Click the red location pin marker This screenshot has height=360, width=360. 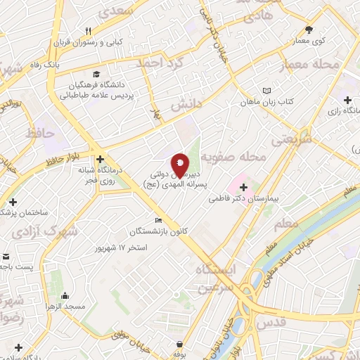tap(180, 165)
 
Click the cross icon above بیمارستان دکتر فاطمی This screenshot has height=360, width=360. tap(244, 188)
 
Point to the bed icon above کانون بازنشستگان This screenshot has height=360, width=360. tap(157, 220)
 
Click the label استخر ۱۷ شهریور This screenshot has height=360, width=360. tap(124, 248)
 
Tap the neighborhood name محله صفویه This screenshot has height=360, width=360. tap(233, 156)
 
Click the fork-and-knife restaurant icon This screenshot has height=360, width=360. tap(88, 31)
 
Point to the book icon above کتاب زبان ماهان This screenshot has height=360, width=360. tap(266, 91)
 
